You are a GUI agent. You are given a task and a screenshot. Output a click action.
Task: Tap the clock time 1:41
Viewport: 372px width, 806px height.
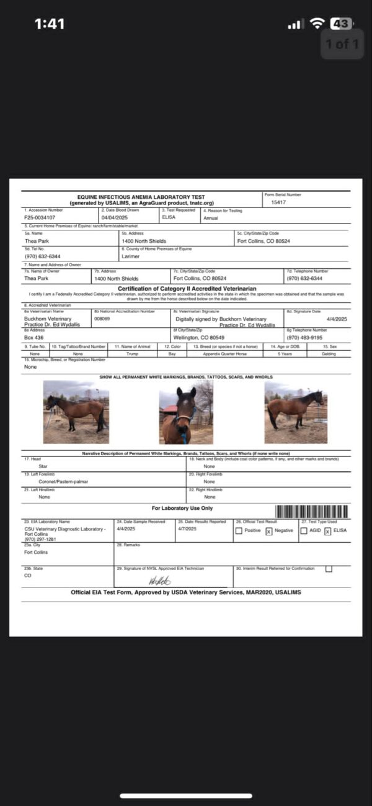pyautogui.click(x=50, y=24)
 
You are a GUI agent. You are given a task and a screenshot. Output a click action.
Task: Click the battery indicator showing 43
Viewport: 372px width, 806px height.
pyautogui.click(x=340, y=24)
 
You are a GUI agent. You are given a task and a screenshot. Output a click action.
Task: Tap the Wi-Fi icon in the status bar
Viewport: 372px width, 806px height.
pyautogui.click(x=317, y=24)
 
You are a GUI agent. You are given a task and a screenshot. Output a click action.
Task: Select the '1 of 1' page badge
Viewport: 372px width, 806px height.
pyautogui.click(x=342, y=44)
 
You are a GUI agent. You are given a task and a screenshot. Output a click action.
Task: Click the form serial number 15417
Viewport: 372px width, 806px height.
pyautogui.click(x=278, y=202)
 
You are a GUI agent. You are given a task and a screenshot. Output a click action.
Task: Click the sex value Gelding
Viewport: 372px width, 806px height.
pyautogui.click(x=329, y=354)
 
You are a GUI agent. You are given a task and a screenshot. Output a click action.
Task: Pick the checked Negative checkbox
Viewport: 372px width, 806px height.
pyautogui.click(x=269, y=532)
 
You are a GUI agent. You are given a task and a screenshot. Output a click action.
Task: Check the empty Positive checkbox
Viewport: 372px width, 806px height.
pyautogui.click(x=239, y=531)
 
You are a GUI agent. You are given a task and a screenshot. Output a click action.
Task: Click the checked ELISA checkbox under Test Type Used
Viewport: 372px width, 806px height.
pyautogui.click(x=327, y=532)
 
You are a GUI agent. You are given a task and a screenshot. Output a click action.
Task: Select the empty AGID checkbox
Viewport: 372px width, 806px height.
pyautogui.click(x=304, y=531)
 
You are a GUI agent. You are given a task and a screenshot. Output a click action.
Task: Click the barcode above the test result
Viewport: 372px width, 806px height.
pyautogui.click(x=311, y=512)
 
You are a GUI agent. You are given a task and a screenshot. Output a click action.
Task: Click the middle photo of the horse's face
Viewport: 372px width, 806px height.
pyautogui.click(x=185, y=415)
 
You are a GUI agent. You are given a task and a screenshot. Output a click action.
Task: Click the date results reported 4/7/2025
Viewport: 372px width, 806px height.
pyautogui.click(x=187, y=529)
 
